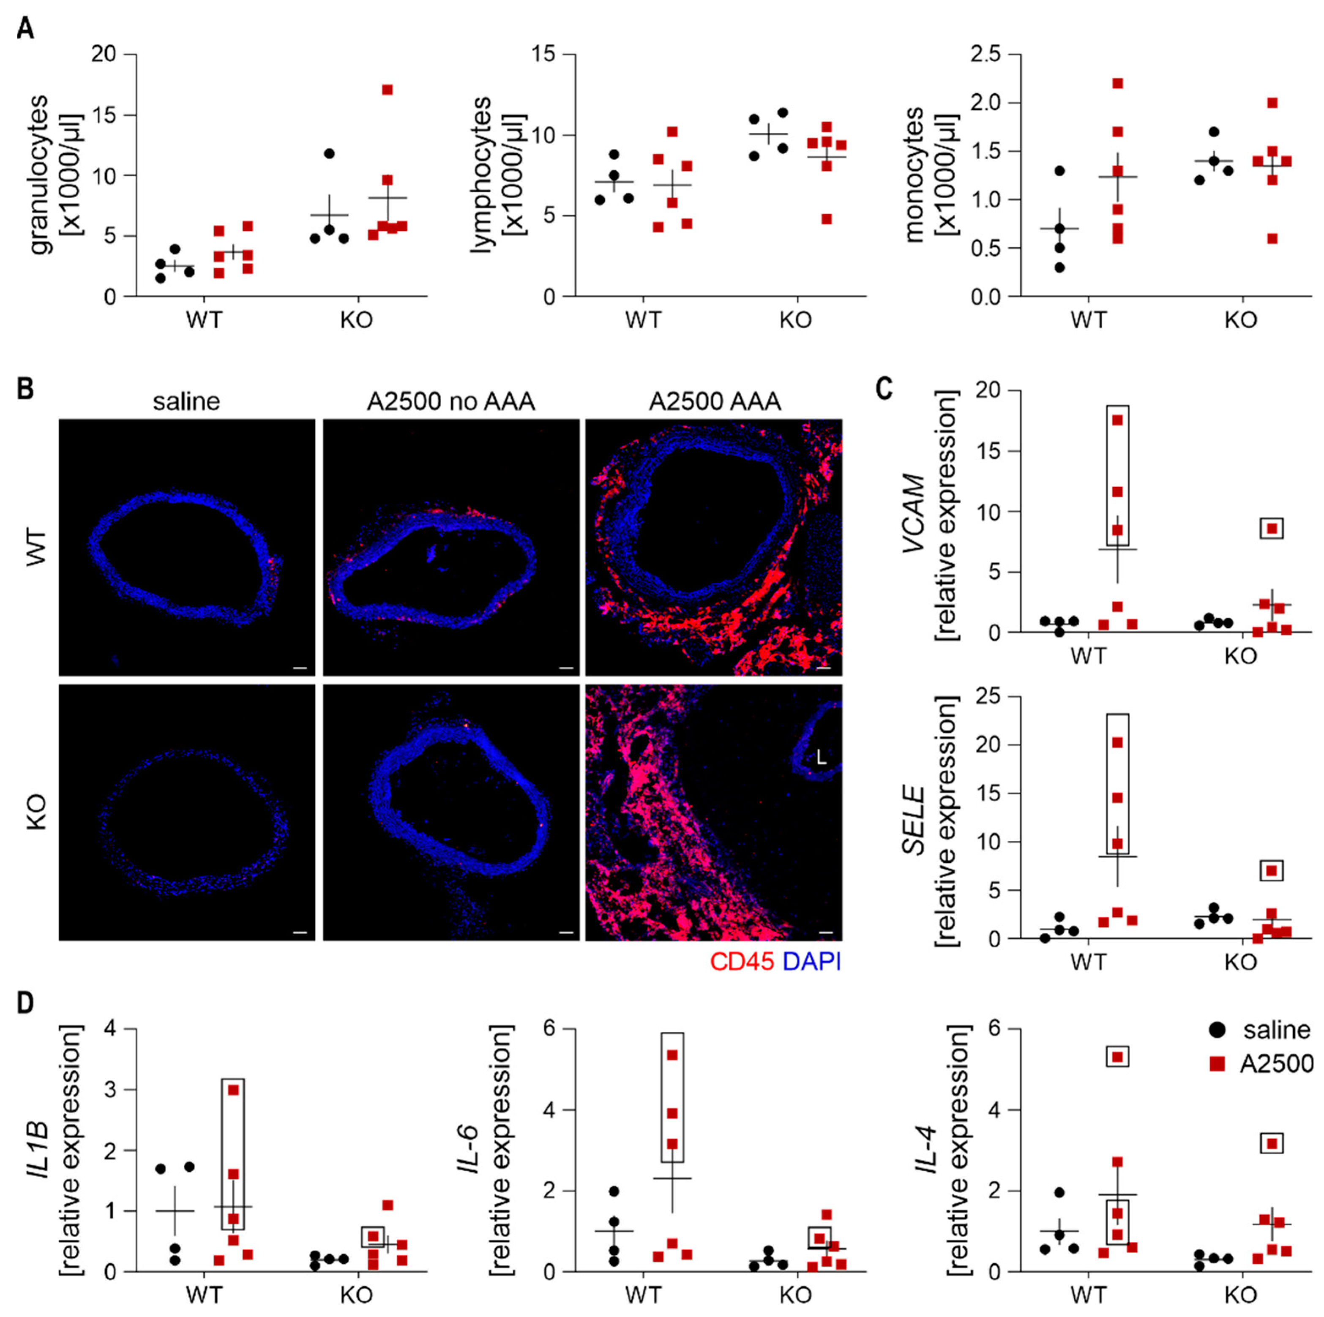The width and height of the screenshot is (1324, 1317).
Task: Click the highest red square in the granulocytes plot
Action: click(x=387, y=90)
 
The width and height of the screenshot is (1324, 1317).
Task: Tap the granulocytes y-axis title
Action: click(x=41, y=175)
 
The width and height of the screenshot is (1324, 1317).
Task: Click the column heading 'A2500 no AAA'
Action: click(x=450, y=401)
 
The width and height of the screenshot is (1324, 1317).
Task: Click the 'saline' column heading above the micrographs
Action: click(x=186, y=401)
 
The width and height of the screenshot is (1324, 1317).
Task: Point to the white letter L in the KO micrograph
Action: click(x=822, y=758)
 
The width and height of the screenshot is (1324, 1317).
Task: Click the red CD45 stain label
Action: click(x=742, y=962)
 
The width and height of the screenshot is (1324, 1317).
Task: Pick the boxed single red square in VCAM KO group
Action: click(x=1272, y=528)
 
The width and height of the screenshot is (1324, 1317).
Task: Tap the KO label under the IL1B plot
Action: click(x=356, y=1295)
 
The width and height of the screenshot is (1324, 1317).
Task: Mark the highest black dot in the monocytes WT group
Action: click(x=1059, y=171)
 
